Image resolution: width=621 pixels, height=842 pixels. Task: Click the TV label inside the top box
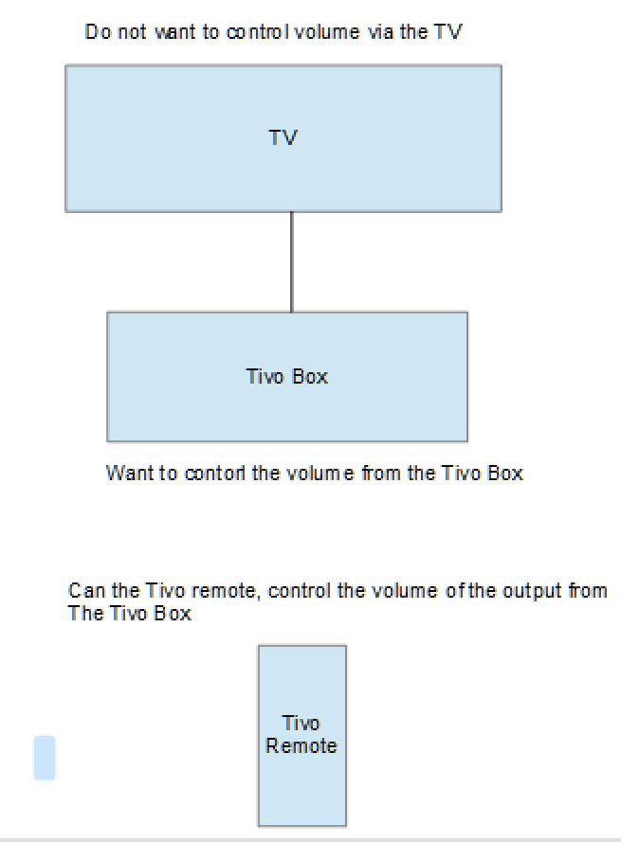[x=283, y=138]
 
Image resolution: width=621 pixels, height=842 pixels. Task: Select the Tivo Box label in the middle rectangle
[x=286, y=376]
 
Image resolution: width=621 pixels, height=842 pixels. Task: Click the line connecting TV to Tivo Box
[x=291, y=261]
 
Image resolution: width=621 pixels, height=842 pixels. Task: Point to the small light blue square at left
[x=45, y=758]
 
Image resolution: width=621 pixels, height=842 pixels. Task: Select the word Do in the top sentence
[x=96, y=32]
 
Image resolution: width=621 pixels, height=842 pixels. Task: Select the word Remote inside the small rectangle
[x=301, y=746]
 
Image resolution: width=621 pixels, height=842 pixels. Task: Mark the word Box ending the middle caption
[x=505, y=473]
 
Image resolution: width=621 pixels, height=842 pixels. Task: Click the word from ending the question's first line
[x=589, y=591]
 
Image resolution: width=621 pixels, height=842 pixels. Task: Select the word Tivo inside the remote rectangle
[x=301, y=724]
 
